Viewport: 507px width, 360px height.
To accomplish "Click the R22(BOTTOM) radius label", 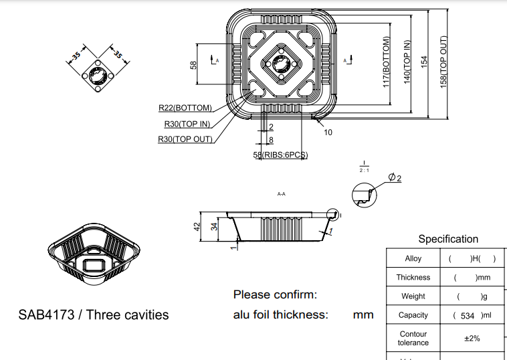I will pos(185,108).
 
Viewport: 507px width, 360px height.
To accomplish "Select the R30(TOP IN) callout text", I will pos(188,124).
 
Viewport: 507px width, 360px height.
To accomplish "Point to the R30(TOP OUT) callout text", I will pos(185,139).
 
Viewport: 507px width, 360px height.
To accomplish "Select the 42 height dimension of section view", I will pos(197,227).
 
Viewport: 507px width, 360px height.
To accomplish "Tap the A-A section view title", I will pos(281,194).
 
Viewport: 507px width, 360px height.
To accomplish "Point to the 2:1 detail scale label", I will pos(364,170).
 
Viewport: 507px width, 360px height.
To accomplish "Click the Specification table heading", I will pos(448,239).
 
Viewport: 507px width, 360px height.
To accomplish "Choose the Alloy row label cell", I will pos(413,258).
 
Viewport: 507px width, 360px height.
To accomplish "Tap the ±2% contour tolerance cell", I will pos(472,338).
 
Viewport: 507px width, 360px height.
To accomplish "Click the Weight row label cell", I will pos(413,296).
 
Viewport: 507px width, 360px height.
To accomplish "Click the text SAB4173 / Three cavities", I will pos(94,314).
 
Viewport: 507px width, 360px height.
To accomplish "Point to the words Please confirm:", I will pos(275,294).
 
